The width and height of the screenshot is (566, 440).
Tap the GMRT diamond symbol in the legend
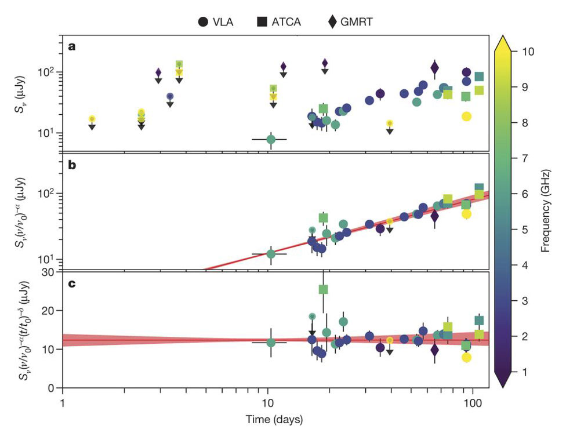(x=332, y=22)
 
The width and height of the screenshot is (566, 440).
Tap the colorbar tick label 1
(x=525, y=372)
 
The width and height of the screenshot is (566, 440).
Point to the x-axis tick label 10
(x=267, y=401)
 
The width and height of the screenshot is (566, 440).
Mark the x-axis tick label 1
(x=63, y=401)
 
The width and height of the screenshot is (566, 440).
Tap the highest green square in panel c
(x=323, y=289)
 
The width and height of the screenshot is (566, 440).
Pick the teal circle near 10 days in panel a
(x=271, y=139)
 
